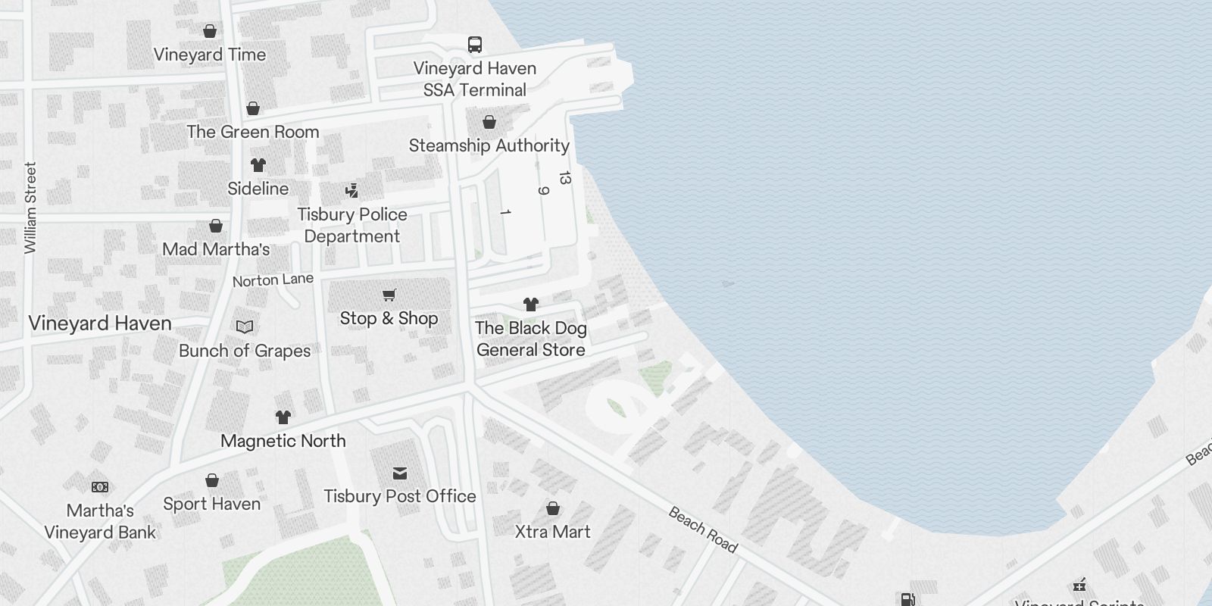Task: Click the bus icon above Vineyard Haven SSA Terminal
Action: point(475,45)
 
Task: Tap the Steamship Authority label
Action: point(489,145)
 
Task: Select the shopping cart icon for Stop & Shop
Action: point(389,295)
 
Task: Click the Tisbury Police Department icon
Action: point(351,190)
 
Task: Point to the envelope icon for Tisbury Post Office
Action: point(400,473)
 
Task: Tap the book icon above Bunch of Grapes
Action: point(245,326)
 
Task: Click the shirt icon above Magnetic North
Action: point(283,417)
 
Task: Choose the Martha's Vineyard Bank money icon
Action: point(100,486)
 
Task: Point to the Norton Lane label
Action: point(273,280)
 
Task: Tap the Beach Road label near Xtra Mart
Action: point(702,529)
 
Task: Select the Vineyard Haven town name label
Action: point(100,323)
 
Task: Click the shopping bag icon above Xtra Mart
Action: point(553,508)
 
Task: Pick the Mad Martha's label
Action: point(216,249)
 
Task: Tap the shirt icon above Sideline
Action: point(258,165)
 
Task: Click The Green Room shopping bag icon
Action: point(253,108)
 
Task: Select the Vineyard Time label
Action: point(210,55)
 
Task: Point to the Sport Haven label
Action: point(212,504)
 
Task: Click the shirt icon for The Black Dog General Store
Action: point(531,305)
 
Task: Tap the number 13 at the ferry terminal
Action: point(564,178)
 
